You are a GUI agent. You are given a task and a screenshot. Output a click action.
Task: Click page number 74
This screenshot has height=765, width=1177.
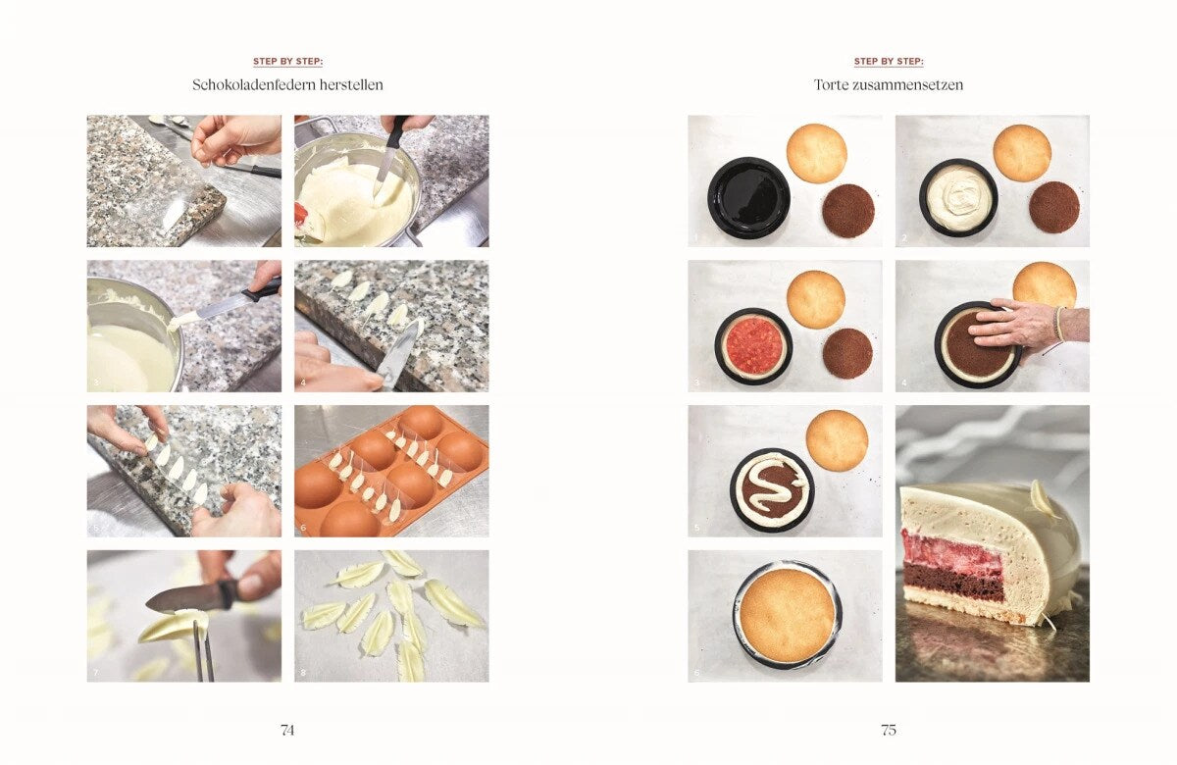pyautogui.click(x=287, y=730)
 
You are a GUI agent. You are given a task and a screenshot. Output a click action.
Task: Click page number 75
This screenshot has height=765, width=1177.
pyautogui.click(x=889, y=730)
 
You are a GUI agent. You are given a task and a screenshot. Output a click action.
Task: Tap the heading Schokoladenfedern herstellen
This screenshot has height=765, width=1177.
pyautogui.click(x=287, y=84)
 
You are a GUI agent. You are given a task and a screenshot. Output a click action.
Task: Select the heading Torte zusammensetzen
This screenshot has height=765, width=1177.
pyautogui.click(x=889, y=84)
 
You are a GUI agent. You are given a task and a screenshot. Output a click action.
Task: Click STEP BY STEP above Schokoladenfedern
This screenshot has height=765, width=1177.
pyautogui.click(x=288, y=62)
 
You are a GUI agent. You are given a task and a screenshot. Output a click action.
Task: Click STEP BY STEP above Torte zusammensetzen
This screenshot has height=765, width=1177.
pyautogui.click(x=889, y=62)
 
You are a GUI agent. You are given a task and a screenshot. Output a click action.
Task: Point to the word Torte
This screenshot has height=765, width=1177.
pyautogui.click(x=832, y=84)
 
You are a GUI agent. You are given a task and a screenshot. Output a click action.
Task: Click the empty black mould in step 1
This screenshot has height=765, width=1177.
pyautogui.click(x=748, y=197)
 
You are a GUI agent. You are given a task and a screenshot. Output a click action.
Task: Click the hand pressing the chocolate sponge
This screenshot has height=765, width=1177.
pyautogui.click(x=1025, y=326)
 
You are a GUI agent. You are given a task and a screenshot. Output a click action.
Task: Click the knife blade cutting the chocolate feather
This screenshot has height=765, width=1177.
pyautogui.click(x=185, y=598)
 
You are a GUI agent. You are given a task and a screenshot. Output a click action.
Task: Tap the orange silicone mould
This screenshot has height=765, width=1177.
pyautogui.click(x=391, y=471)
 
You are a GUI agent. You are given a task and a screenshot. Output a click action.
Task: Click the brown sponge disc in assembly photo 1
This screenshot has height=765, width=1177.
pyautogui.click(x=848, y=210)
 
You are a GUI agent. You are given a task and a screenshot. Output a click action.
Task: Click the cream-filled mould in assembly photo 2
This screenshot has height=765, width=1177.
pyautogui.click(x=958, y=197)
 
